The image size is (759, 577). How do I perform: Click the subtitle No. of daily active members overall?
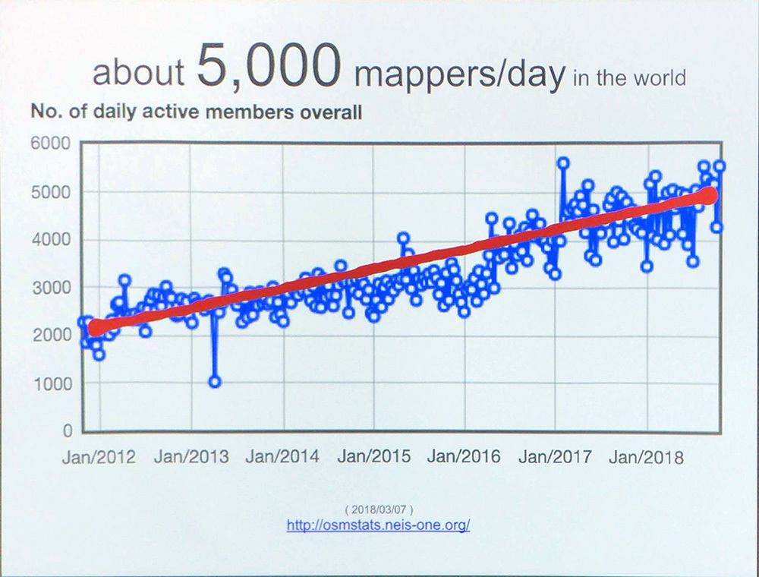point(196,113)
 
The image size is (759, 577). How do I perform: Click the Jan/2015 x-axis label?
point(374,457)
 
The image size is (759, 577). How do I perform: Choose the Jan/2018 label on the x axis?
point(647,457)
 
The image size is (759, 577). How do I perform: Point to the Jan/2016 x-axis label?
point(465,457)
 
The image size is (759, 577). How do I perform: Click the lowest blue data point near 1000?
point(215,382)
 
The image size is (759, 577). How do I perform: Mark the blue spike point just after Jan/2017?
point(563,162)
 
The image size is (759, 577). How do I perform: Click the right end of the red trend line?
point(709,195)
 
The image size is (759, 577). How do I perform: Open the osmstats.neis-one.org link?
point(378,525)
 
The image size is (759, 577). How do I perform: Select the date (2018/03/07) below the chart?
point(378,509)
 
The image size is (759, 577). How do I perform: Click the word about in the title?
point(138,74)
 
